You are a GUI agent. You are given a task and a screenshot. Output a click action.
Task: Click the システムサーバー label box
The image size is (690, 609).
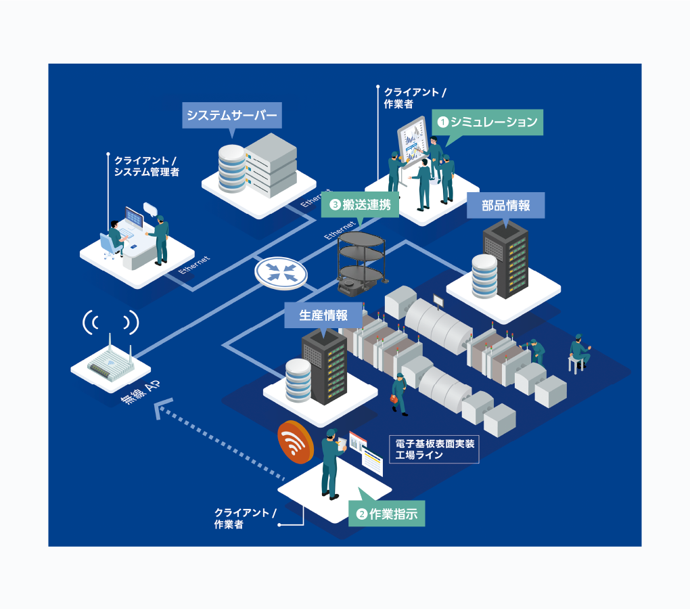(231, 116)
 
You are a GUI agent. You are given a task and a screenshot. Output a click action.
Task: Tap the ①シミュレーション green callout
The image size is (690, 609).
(488, 122)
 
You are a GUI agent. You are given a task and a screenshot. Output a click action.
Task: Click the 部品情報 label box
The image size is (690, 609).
(505, 206)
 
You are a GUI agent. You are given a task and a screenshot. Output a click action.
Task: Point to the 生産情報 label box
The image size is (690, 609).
(324, 315)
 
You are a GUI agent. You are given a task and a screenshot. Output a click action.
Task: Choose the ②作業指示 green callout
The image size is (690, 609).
(386, 514)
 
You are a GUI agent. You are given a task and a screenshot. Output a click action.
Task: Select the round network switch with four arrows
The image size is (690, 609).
(281, 272)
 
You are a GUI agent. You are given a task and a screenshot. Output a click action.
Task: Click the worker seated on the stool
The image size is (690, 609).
(578, 352)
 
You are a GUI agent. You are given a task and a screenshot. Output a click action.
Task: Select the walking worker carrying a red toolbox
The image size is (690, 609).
(399, 393)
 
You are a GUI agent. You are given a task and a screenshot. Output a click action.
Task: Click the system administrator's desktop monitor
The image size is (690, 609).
(134, 218)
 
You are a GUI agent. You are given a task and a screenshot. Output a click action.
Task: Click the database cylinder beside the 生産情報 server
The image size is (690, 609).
(298, 380)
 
